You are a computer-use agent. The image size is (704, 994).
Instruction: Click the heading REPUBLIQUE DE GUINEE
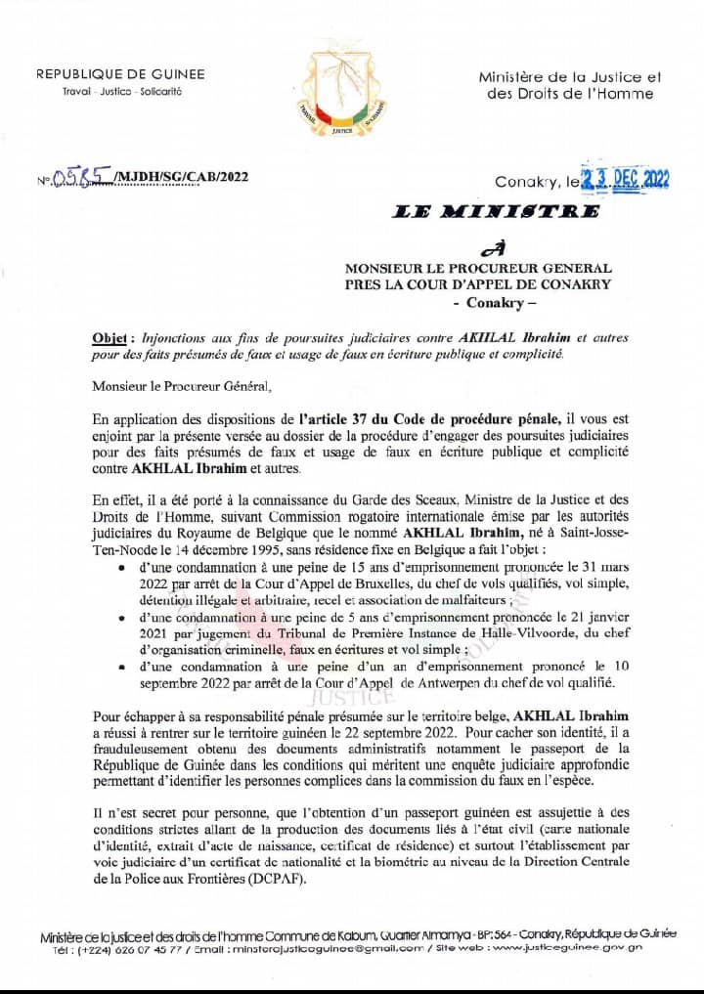[120, 74]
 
